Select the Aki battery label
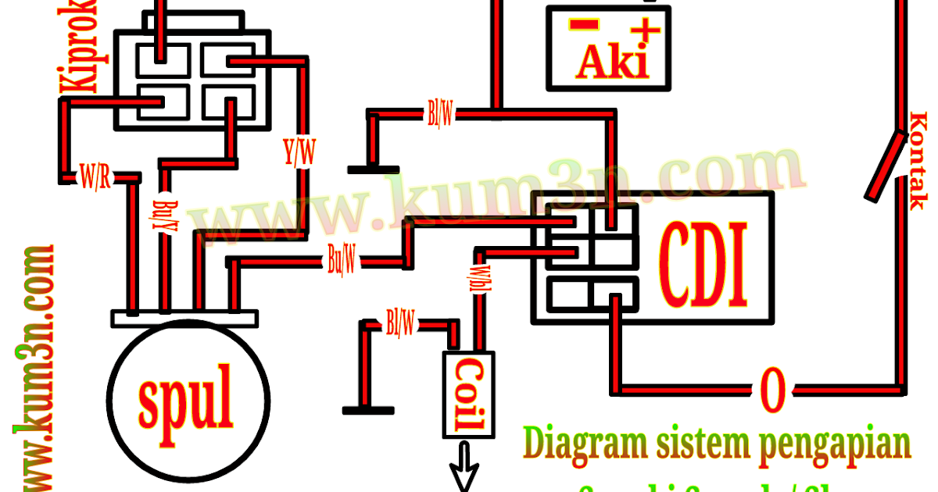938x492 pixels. point(613,63)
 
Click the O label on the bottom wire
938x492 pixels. point(771,388)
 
